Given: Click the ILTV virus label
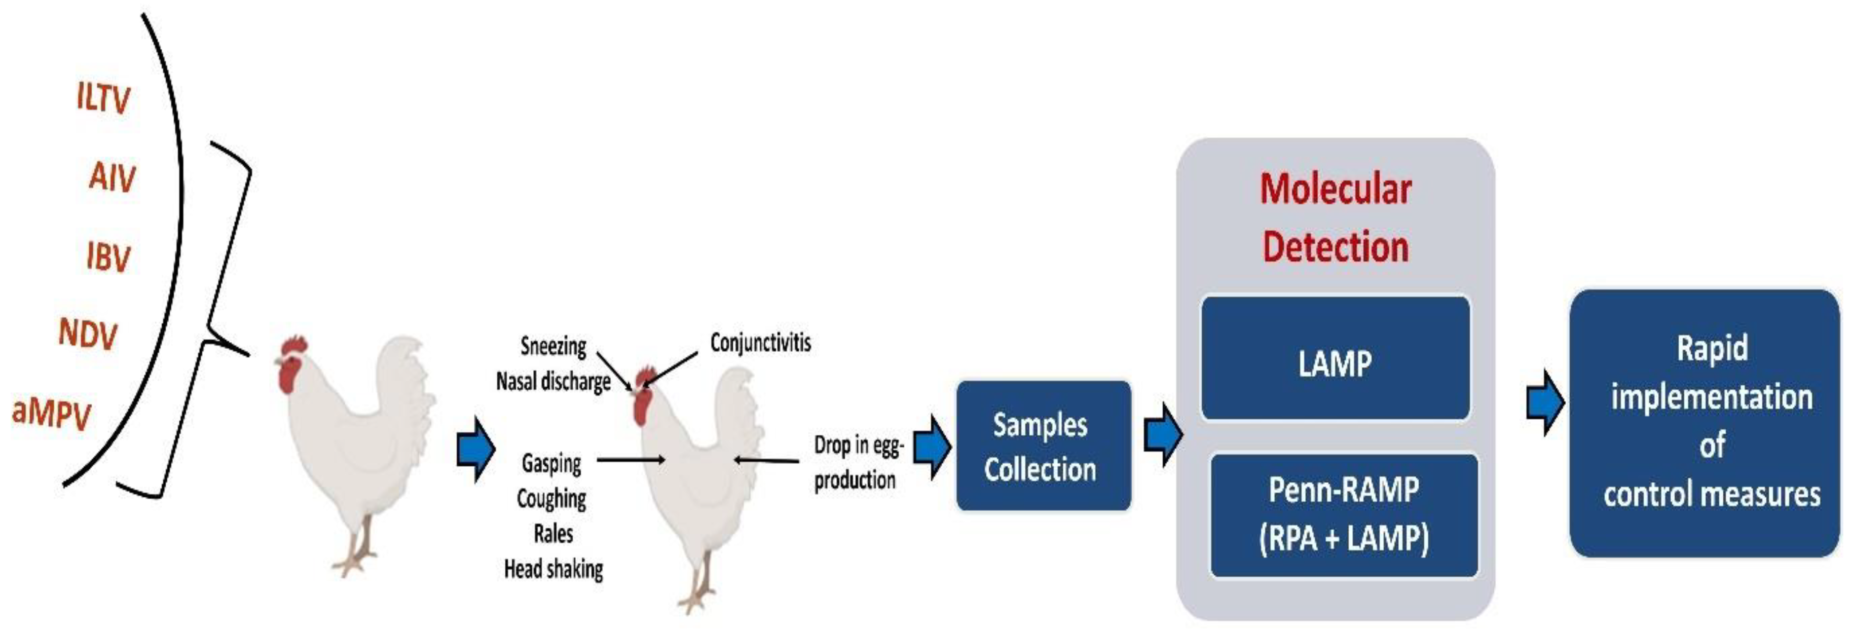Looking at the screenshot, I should pyautogui.click(x=103, y=98).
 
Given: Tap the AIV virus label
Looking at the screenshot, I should pyautogui.click(x=112, y=177).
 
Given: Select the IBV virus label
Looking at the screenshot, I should pyautogui.click(x=108, y=256).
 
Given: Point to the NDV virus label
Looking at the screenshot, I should pyautogui.click(x=88, y=334).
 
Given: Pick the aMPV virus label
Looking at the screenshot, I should pyautogui.click(x=52, y=413).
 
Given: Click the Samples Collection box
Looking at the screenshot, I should pyautogui.click(x=1043, y=446).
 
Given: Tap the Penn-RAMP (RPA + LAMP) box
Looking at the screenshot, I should pyautogui.click(x=1344, y=515).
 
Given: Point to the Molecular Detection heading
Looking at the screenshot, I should pyautogui.click(x=1335, y=217).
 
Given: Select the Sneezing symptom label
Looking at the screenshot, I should pyautogui.click(x=553, y=346).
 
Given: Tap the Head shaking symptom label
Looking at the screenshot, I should pyautogui.click(x=553, y=569).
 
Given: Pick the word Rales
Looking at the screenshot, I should pyautogui.click(x=553, y=534).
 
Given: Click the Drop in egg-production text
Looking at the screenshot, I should pyautogui.click(x=857, y=462).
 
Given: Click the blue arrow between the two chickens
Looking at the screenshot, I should pyautogui.click(x=476, y=450).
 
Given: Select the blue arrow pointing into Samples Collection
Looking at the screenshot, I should pyautogui.click(x=932, y=446).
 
